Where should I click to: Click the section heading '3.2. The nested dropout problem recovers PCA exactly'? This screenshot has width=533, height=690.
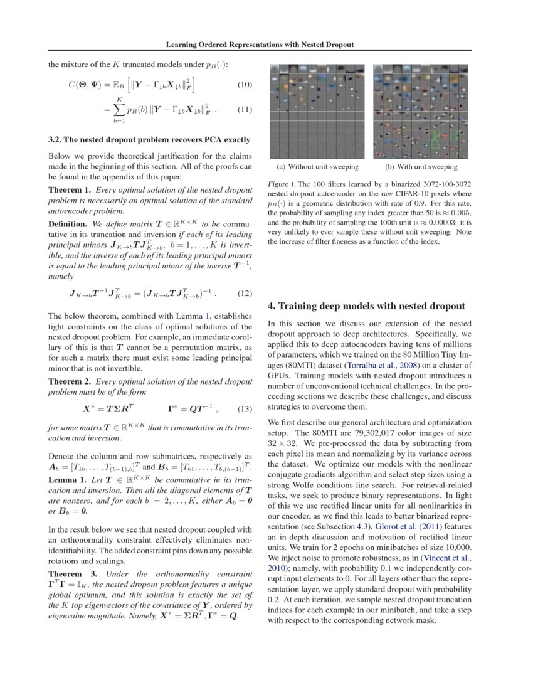pos(149,139)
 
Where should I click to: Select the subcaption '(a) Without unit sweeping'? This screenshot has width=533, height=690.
pos(318,167)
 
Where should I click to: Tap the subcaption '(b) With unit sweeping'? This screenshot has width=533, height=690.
pos(421,167)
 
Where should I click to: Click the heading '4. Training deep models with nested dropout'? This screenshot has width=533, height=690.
pos(366,306)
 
